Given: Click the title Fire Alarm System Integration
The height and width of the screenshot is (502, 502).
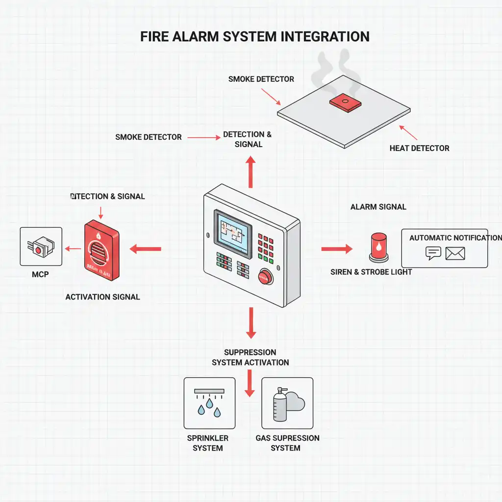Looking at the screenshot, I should pos(254,37).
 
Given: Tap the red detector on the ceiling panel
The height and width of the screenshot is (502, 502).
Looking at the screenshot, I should pos(344,102).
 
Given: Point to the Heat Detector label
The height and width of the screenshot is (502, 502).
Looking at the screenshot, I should pos(419,148).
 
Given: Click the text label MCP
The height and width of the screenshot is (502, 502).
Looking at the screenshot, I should pos(40,275).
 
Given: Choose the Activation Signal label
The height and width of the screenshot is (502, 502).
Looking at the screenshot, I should pos(102,297).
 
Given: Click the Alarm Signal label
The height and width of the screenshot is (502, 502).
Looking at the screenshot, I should pos(378,207).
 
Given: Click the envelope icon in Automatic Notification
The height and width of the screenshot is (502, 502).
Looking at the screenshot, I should pos(455,253).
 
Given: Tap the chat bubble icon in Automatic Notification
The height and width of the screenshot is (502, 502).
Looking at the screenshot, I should pos(433,253).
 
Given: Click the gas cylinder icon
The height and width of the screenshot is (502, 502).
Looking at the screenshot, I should pos(279,405).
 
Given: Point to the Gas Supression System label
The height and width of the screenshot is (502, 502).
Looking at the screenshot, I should pos(287,443).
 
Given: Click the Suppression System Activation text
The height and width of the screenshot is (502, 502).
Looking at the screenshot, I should pos(250,357).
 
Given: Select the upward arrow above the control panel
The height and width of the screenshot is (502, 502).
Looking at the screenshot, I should pos(251,172).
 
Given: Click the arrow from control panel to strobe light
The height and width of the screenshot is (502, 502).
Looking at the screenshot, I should pos(337,249).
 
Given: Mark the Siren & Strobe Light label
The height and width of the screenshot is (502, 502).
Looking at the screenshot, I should pos(371,272).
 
